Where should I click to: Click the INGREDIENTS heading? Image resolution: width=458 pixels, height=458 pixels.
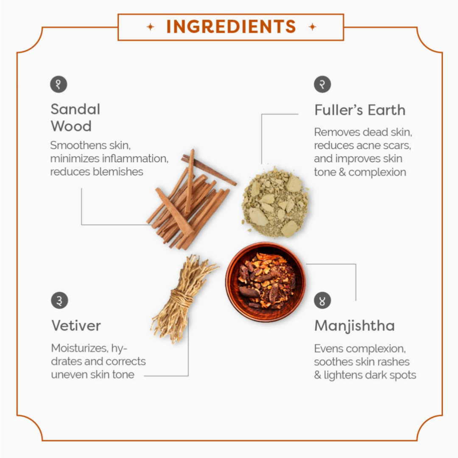click(x=231, y=27)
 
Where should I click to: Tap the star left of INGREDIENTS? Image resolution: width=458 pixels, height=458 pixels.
click(x=151, y=27)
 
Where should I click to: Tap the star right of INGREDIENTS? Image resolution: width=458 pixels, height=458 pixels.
click(x=312, y=27)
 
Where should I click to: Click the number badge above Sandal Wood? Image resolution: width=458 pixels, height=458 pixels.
click(x=59, y=84)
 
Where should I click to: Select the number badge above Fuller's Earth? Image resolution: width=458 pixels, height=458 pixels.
click(x=322, y=84)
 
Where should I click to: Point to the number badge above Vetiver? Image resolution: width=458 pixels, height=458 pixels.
click(x=59, y=300)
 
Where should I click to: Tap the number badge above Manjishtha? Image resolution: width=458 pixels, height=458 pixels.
click(x=322, y=300)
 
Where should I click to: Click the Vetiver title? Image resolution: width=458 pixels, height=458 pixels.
click(x=76, y=325)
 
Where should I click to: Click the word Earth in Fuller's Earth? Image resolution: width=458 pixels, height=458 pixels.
click(x=386, y=110)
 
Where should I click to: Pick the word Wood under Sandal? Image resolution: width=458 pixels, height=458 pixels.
click(x=71, y=126)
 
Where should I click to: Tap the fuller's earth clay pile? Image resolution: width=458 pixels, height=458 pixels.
click(x=275, y=202)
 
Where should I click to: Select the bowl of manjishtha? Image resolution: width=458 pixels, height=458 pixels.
click(x=265, y=282)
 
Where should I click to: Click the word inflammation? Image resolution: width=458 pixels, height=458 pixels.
click(x=135, y=159)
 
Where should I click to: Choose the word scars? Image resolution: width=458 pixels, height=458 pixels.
click(x=398, y=145)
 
